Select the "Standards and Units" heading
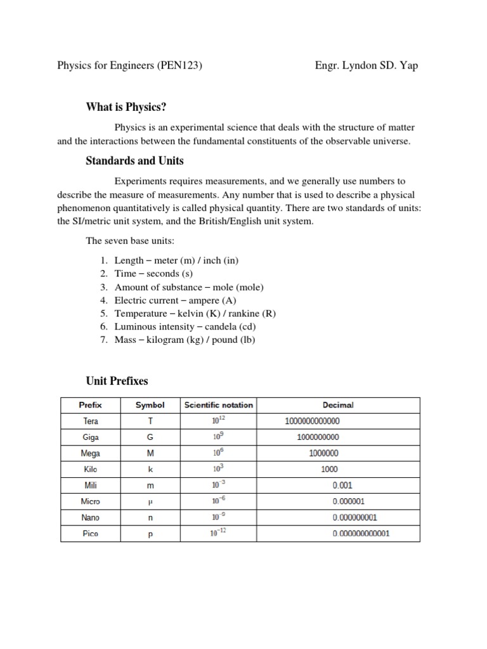pos(134,160)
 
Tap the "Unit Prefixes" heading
pos(117,381)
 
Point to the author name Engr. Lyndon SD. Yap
pos(366,65)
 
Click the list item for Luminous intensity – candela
pos(185,326)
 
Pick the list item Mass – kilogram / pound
pos(185,340)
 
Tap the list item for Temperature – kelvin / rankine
pos(195,314)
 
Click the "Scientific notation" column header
pos(218,405)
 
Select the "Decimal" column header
pos(338,405)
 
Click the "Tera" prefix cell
pos(90,421)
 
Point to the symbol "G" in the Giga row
pos(150,437)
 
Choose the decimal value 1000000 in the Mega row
pos(324,453)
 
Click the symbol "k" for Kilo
pos(150,470)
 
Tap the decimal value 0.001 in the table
pos(342,485)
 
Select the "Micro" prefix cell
pos(90,501)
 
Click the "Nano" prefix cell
pos(90,517)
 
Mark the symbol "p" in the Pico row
pos(150,534)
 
